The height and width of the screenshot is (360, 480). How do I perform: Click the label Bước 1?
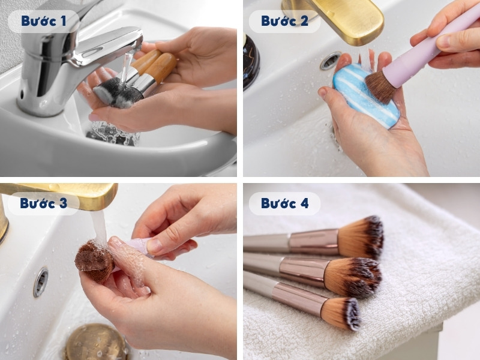(43, 21)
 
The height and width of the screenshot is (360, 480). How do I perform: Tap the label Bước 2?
(284, 21)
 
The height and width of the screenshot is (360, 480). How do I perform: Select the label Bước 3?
(43, 203)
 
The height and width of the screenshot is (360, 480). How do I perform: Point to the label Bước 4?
(284, 203)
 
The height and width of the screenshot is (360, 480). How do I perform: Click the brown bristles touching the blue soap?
(382, 88)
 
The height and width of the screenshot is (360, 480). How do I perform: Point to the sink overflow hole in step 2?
(330, 61)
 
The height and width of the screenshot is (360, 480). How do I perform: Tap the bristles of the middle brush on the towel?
(354, 277)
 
